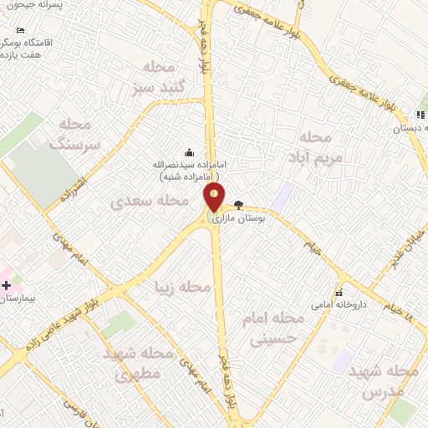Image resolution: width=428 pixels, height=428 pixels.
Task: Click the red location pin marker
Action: (215, 197)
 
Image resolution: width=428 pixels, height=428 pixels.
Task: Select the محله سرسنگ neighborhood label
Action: (75, 135)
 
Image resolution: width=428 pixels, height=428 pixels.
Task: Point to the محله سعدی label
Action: (150, 201)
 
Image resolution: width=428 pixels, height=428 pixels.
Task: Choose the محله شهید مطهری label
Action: (138, 363)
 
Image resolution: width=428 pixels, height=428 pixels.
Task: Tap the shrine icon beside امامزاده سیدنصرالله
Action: (189, 151)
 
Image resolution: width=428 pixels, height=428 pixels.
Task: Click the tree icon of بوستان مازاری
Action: (238, 204)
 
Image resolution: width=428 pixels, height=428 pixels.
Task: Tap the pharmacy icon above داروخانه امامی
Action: (339, 293)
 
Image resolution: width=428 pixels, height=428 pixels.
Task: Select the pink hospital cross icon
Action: (6, 285)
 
